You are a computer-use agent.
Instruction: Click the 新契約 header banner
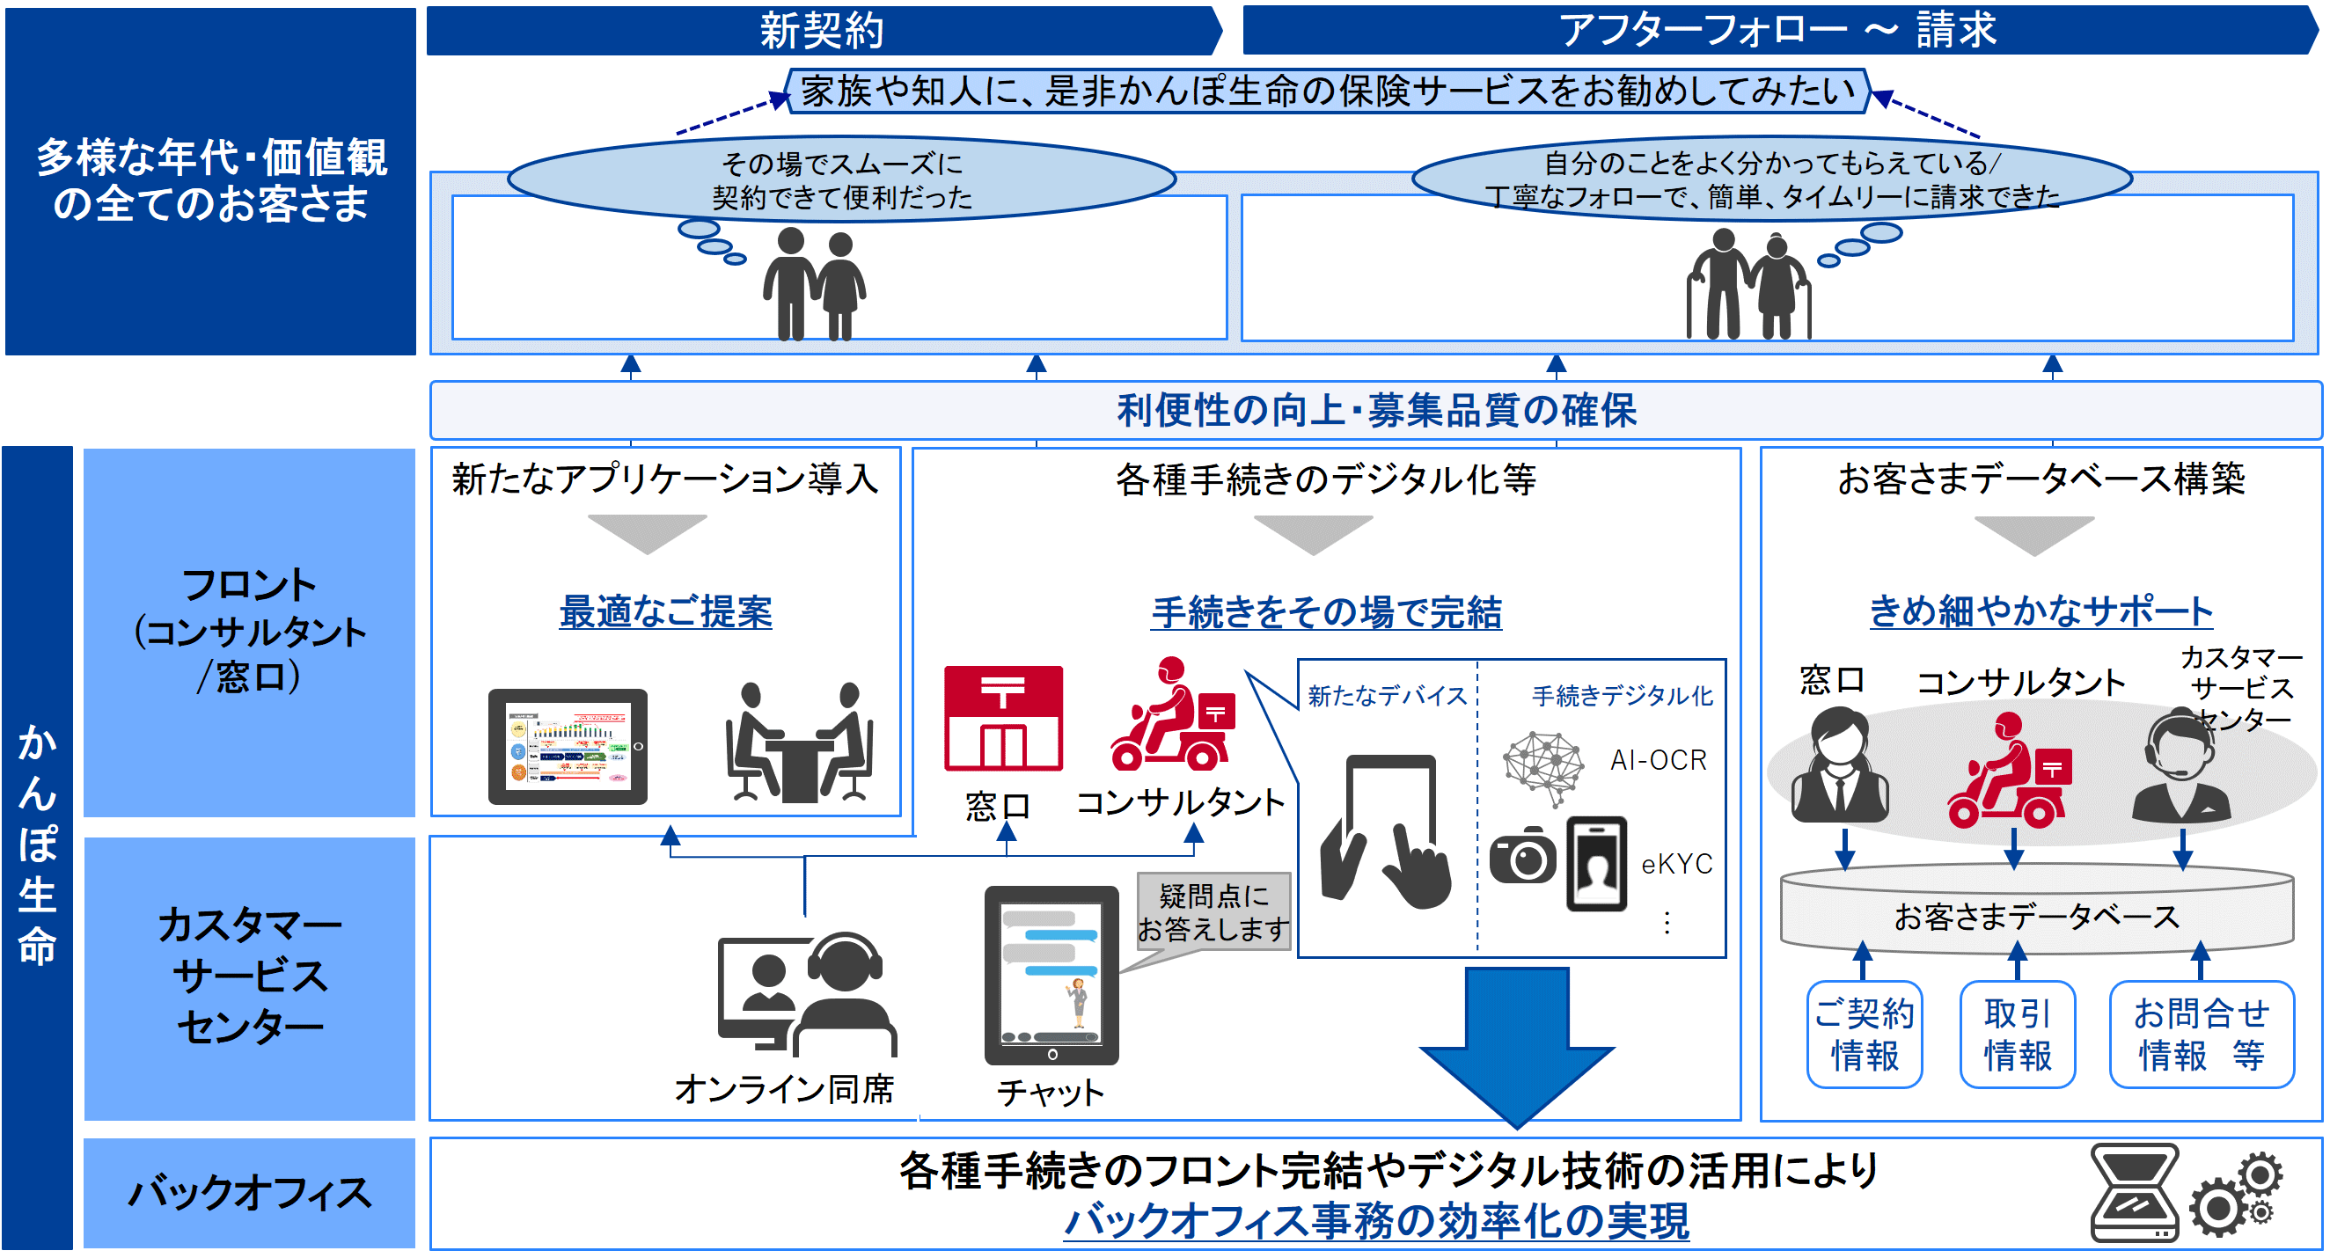[x=821, y=31]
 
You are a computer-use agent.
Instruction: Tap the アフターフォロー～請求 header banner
[x=1777, y=30]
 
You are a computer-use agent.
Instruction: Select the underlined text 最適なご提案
[x=666, y=612]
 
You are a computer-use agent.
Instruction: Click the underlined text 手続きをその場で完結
[x=1326, y=612]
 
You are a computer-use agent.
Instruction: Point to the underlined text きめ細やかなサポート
[x=2041, y=611]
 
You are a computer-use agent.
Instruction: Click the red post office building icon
[x=1003, y=719]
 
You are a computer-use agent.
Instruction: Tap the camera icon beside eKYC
[x=1523, y=853]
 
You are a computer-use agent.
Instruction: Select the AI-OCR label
[x=1658, y=760]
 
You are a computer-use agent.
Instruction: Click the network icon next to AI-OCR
[x=1543, y=768]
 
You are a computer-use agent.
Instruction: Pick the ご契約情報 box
[x=1865, y=1034]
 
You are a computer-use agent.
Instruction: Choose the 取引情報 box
[x=2017, y=1034]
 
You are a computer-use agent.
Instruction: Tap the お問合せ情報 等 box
[x=2201, y=1034]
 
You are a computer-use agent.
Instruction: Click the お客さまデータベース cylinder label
[x=2036, y=917]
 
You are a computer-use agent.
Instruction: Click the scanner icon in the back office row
[x=2135, y=1193]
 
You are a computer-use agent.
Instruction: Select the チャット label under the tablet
[x=1050, y=1093]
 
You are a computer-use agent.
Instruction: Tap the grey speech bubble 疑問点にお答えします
[x=1212, y=911]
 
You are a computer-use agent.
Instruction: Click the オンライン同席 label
[x=784, y=1089]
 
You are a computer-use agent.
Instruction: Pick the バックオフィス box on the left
[x=250, y=1193]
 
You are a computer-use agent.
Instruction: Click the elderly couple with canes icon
[x=1747, y=284]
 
